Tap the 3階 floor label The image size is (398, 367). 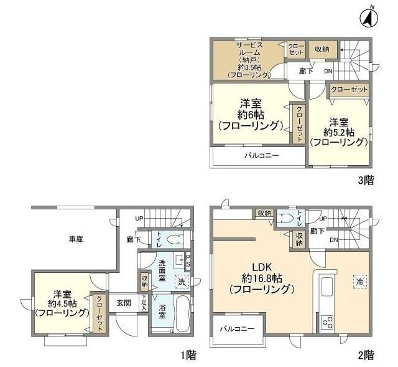tap(365, 181)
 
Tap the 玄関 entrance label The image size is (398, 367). tap(124, 303)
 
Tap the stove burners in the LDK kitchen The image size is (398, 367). tap(327, 322)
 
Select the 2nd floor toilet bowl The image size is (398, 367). tap(285, 218)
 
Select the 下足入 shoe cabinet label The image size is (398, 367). tap(144, 303)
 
